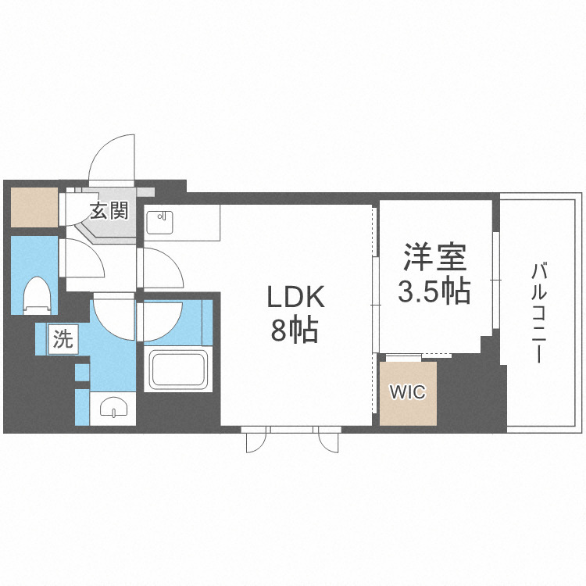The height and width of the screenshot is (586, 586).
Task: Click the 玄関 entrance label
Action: (109, 210)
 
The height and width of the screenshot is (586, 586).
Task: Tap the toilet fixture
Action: (36, 295)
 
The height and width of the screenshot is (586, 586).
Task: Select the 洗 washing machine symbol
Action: (63, 339)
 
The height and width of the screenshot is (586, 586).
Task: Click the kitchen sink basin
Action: (162, 223)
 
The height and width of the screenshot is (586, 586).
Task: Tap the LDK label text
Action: (295, 298)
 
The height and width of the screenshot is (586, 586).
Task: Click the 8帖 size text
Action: (295, 331)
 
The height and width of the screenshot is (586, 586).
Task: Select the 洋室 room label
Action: (434, 257)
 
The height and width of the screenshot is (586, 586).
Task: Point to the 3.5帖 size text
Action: (434, 291)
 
